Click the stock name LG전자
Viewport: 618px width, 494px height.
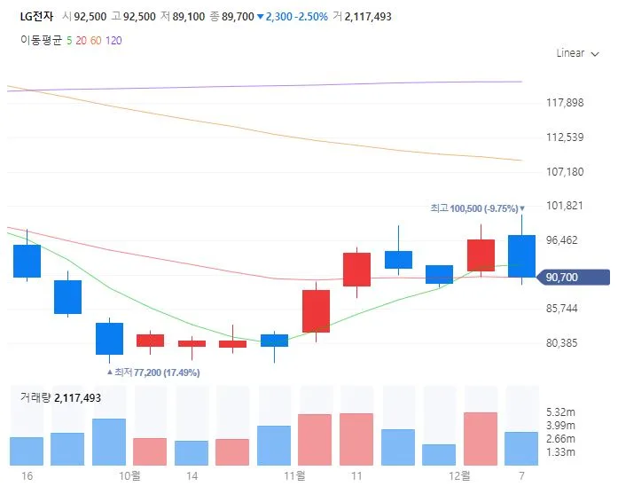(37, 16)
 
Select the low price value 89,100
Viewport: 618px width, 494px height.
(190, 16)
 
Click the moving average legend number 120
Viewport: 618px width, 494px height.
(113, 40)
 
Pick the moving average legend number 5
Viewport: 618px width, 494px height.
(69, 40)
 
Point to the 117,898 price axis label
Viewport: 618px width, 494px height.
(565, 103)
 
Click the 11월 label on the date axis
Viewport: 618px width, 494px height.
(294, 476)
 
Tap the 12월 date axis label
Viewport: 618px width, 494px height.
(459, 476)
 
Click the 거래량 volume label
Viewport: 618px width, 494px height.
(35, 398)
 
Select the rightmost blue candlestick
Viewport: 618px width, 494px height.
(521, 255)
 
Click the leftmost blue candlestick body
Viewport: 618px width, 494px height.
(27, 261)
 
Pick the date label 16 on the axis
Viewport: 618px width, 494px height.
(27, 476)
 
